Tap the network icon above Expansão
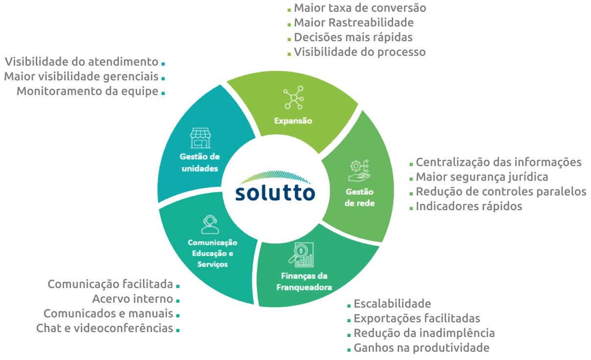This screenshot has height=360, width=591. [x=293, y=98]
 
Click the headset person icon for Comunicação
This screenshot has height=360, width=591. [x=210, y=225]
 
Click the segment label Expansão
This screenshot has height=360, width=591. [x=293, y=121]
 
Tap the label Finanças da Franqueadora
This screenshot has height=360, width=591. [x=304, y=281]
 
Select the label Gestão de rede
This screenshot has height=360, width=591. [x=359, y=197]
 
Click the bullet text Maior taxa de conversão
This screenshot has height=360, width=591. [x=359, y=8]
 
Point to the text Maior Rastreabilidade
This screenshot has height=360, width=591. [x=354, y=23]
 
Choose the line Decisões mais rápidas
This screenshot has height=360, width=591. [x=353, y=37]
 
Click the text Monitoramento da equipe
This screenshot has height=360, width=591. [x=88, y=91]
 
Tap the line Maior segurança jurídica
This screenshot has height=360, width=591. [x=482, y=177]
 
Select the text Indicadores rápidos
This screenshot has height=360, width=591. [x=469, y=206]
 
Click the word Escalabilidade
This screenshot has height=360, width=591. [x=392, y=304]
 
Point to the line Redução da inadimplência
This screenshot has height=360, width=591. [x=424, y=333]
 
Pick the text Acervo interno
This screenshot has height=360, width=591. [x=133, y=299]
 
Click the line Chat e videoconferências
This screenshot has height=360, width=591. [x=105, y=328]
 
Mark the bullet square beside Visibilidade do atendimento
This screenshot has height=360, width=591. [x=163, y=64]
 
